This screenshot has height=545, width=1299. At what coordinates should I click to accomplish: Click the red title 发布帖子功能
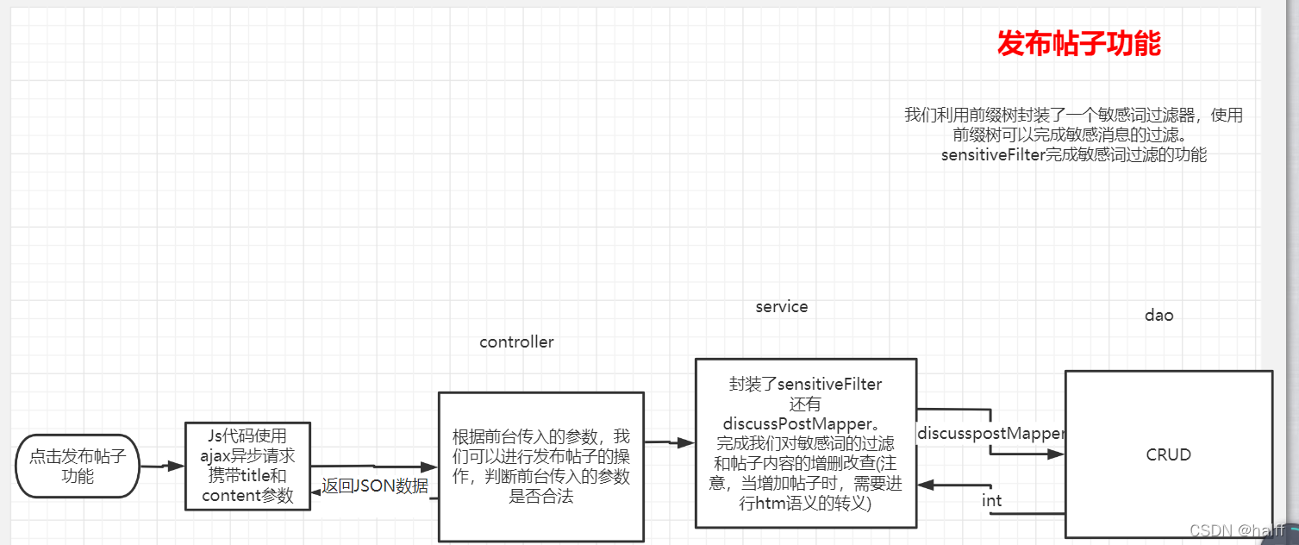pos(1078,43)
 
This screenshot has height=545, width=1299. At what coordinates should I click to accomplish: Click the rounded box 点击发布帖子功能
pos(78,466)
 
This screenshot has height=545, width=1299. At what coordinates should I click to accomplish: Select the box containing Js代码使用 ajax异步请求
pos(247,466)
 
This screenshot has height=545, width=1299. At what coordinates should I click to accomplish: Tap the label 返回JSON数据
pos(375,485)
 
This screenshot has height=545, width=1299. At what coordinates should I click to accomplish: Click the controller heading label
pos(516,342)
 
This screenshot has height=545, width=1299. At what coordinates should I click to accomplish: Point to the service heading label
pos(781,307)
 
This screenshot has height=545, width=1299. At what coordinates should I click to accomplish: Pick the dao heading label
pos(1158,316)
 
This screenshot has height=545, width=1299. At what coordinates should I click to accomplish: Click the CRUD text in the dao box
pos(1168,454)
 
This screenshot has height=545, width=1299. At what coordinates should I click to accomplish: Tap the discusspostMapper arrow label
pos(991,433)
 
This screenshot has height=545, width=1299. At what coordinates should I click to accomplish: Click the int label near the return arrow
pos(991,500)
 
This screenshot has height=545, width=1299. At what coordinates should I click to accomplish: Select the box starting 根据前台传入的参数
pos(541,467)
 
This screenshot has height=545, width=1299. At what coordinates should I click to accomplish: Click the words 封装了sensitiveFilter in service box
pos(805,385)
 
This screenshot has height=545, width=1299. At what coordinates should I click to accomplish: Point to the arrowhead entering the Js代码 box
pos(177,466)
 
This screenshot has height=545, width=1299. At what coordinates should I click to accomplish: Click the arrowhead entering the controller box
pos(429,469)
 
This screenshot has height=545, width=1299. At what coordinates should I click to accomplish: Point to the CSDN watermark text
pos(1237,531)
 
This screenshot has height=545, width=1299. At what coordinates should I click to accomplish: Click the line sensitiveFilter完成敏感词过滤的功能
pos(1073,155)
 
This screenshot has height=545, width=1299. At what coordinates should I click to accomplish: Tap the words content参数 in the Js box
pos(247,496)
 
